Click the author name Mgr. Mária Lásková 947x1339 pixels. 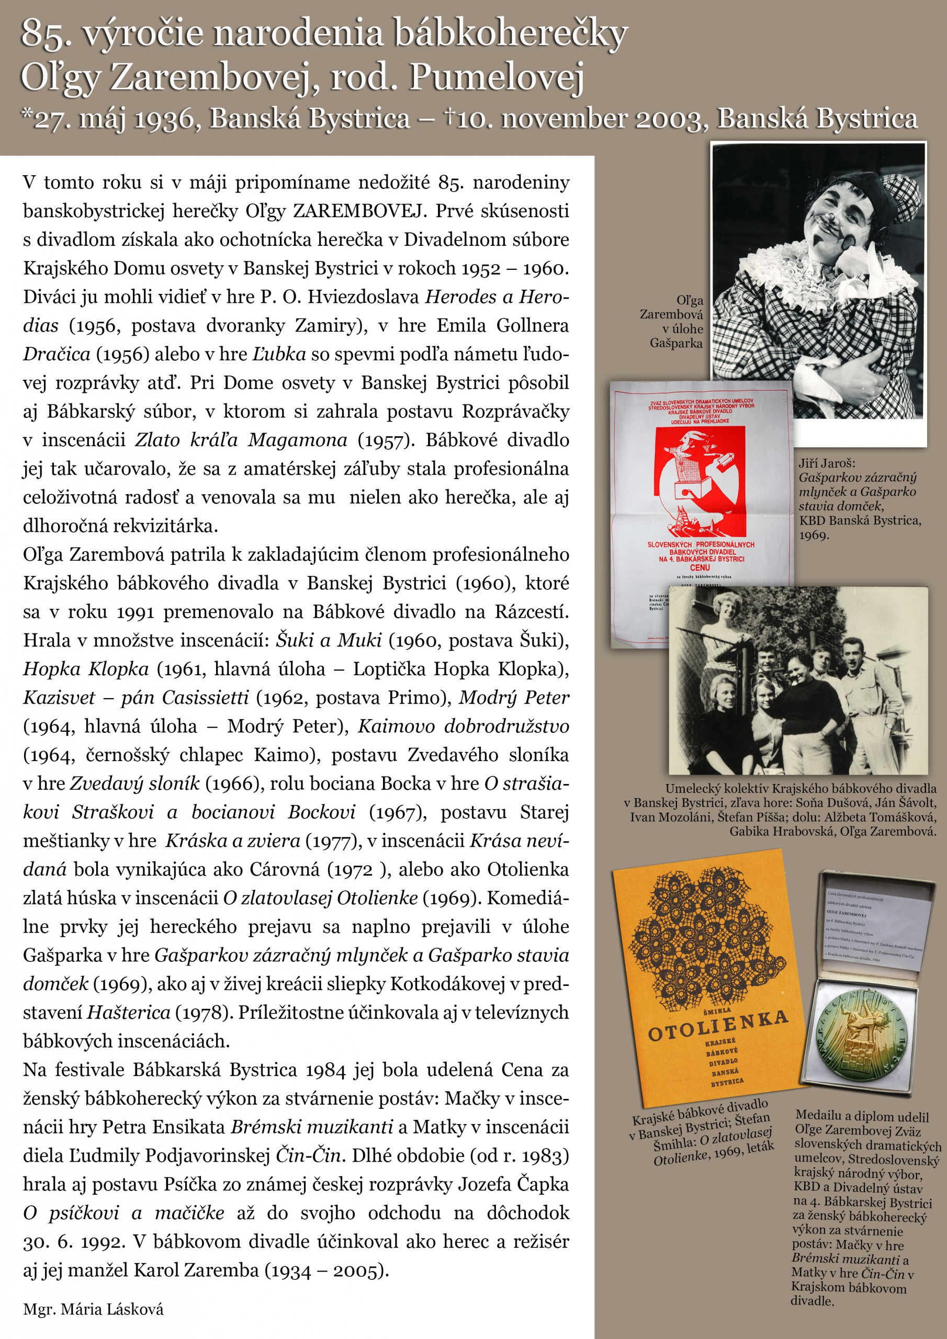click(93, 1309)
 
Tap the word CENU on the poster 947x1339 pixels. click(700, 567)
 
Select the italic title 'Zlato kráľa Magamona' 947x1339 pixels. click(241, 440)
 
